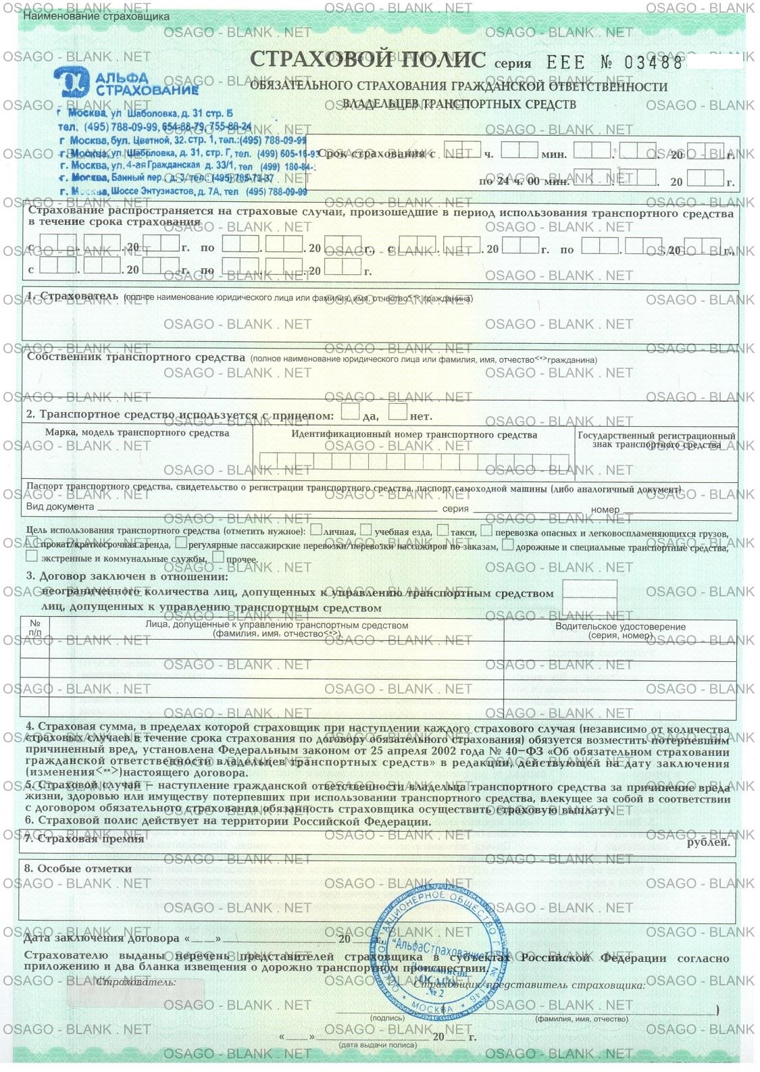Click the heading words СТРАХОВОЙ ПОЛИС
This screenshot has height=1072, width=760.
(x=368, y=59)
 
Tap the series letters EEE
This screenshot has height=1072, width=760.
(x=565, y=63)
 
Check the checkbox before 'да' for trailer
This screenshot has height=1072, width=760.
(x=350, y=411)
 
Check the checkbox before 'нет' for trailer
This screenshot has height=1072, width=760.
(x=398, y=411)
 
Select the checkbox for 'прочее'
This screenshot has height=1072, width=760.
(x=218, y=557)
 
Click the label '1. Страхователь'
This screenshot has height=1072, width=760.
(x=72, y=297)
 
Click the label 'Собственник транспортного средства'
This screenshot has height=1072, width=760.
(x=136, y=357)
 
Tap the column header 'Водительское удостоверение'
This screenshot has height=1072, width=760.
(x=620, y=626)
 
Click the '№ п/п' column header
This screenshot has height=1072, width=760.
(x=35, y=627)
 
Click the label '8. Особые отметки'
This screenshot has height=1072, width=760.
(x=78, y=868)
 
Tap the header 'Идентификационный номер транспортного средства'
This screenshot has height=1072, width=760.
(x=414, y=435)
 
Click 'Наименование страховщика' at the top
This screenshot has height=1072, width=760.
(x=96, y=16)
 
